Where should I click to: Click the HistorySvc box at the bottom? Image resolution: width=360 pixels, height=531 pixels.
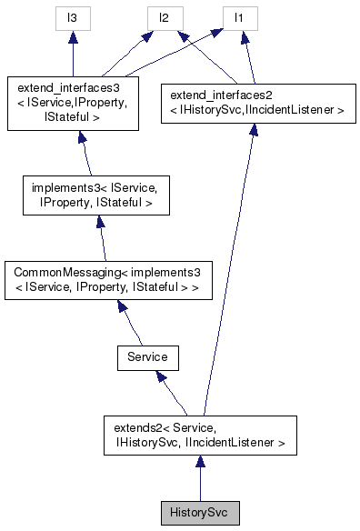tap(199, 512)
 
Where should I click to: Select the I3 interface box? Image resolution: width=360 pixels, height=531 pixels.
tap(74, 17)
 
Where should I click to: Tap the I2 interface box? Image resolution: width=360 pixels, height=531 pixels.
tap(165, 17)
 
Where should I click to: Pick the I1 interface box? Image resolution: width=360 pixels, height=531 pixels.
tap(240, 17)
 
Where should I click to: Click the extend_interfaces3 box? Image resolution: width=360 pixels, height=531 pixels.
tap(73, 102)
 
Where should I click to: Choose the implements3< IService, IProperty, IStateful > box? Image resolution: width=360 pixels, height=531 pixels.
tap(93, 195)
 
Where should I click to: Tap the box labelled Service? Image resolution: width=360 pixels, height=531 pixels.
tap(147, 357)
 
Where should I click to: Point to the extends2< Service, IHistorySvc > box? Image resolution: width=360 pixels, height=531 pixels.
tap(199, 435)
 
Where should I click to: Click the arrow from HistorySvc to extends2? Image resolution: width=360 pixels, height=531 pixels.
tap(199, 477)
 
